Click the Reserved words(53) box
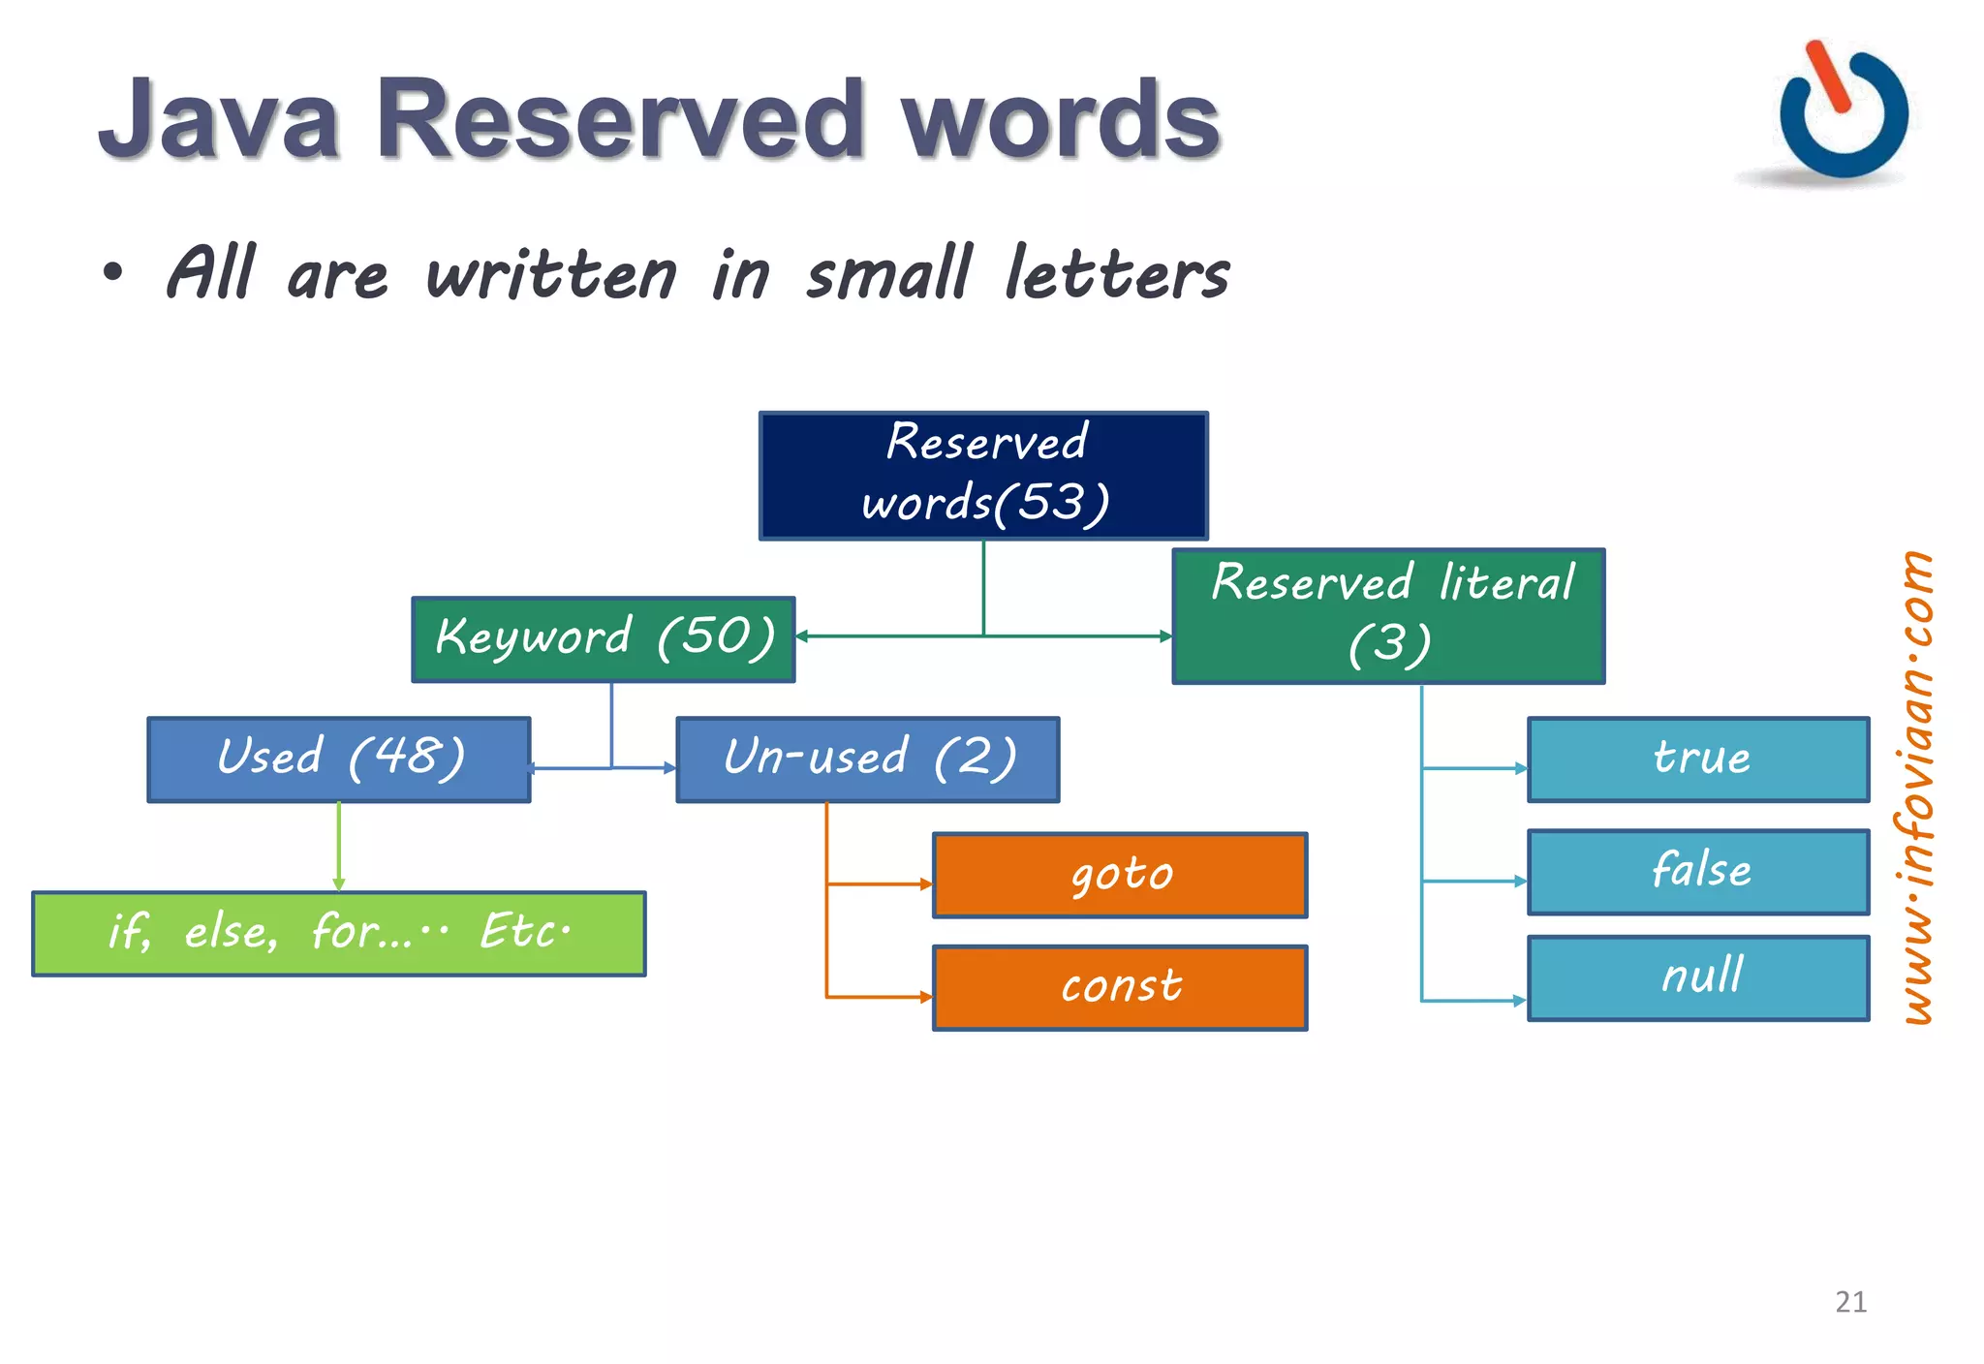click(983, 476)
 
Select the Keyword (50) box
click(604, 639)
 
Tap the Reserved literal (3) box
click(1388, 616)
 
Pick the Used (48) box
click(339, 759)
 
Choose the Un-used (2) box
click(868, 759)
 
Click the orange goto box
click(1120, 875)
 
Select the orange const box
click(1120, 987)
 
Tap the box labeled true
click(1698, 759)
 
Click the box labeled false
click(1698, 872)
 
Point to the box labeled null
click(1698, 977)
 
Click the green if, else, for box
click(339, 933)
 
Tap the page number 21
click(1850, 1301)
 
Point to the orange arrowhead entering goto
click(926, 883)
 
